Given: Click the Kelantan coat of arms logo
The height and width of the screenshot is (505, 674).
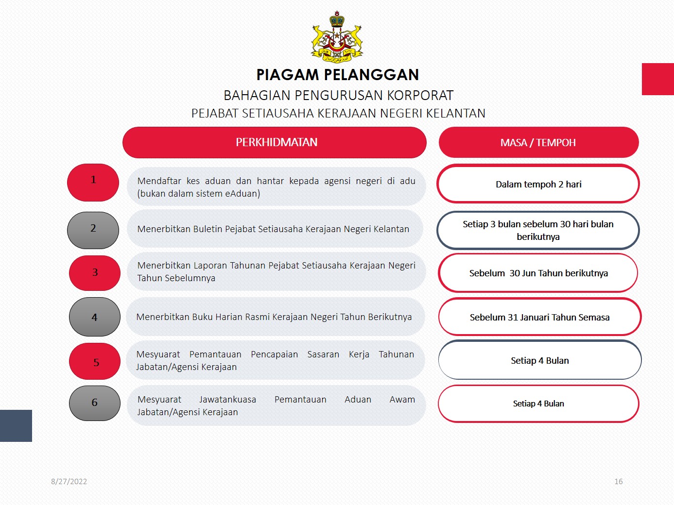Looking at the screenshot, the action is (337, 37).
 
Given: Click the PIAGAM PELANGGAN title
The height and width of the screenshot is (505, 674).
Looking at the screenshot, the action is (338, 75).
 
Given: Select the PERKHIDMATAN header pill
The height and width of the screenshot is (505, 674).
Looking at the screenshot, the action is (275, 142).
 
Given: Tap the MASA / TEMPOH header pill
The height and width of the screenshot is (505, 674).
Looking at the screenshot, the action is (538, 142).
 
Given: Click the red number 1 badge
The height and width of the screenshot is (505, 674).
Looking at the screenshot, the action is (93, 183).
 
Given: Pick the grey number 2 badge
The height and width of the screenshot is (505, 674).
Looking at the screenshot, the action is (93, 230).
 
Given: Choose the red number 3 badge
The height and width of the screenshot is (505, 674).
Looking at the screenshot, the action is (95, 273).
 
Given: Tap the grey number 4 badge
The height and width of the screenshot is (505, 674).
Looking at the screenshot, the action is (95, 317).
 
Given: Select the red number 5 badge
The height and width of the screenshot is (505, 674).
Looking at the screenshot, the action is (95, 361).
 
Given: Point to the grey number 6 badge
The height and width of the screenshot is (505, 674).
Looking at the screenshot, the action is (95, 403).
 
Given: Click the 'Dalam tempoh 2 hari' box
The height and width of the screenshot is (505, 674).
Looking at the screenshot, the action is (538, 184).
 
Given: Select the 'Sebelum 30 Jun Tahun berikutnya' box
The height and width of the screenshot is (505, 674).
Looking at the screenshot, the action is (538, 273).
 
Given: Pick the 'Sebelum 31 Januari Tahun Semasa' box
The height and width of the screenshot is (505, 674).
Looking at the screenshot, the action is (540, 317).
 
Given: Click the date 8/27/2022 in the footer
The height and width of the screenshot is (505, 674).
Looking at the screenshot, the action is (69, 481).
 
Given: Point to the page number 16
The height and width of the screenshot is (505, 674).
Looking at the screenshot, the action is (619, 481).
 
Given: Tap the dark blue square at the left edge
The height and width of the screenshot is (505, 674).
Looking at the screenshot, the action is (16, 426).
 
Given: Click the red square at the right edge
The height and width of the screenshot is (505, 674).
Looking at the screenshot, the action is (658, 79).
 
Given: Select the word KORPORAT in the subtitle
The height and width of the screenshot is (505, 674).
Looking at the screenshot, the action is (420, 96).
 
